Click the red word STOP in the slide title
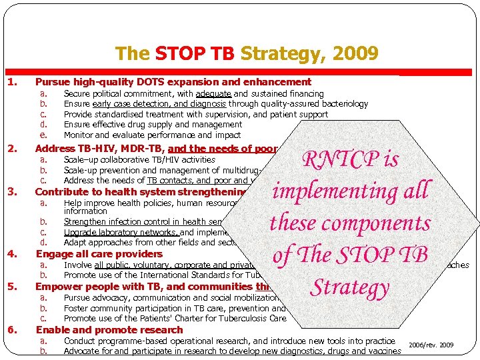click(x=176, y=53)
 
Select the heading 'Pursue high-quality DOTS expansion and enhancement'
click(x=173, y=82)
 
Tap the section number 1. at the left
click(x=12, y=82)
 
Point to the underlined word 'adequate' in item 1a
click(x=213, y=94)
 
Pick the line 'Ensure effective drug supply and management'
click(x=153, y=125)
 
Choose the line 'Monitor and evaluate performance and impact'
click(x=152, y=135)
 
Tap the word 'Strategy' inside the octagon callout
click(x=349, y=287)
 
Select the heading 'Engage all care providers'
click(x=99, y=254)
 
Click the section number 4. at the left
click(x=12, y=254)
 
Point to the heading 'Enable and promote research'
click(x=109, y=330)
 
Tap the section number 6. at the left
click(x=12, y=330)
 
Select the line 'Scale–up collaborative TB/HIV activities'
click(x=139, y=160)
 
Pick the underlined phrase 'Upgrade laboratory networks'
click(x=121, y=233)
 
